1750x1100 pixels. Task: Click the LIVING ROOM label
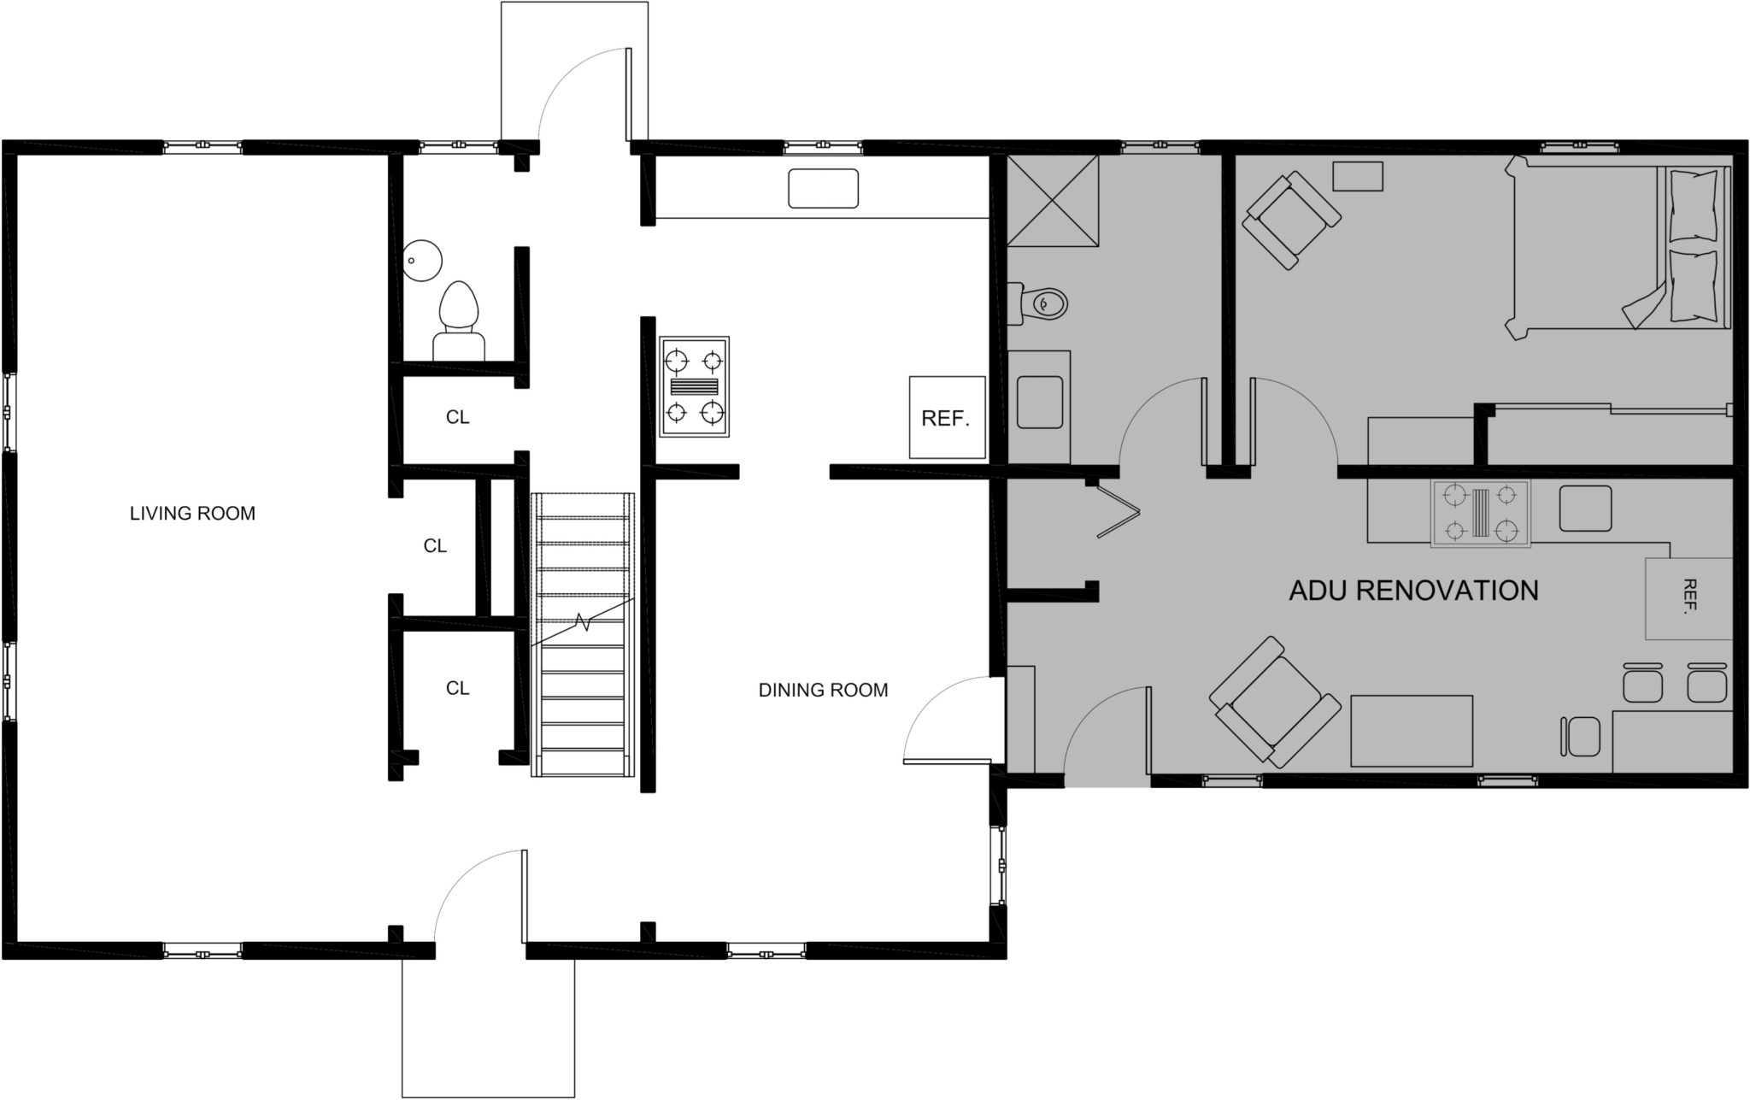[x=192, y=514]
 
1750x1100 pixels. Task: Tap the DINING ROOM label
[x=823, y=690]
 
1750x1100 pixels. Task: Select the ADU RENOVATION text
[x=1413, y=591]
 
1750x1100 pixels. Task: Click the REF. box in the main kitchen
[x=946, y=418]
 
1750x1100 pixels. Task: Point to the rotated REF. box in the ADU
[x=1688, y=597]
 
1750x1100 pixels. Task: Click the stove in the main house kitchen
[x=694, y=386]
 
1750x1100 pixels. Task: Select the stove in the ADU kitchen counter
[x=1480, y=514]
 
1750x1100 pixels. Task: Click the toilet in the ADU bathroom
[x=1041, y=303]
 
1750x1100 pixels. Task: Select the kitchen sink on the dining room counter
[x=823, y=188]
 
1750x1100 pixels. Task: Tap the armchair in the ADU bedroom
[x=1290, y=220]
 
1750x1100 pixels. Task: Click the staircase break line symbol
[x=584, y=621]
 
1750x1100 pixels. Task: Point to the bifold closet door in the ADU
[x=1119, y=511]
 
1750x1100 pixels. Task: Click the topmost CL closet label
[x=458, y=418]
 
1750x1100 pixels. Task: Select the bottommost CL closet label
[x=458, y=688]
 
